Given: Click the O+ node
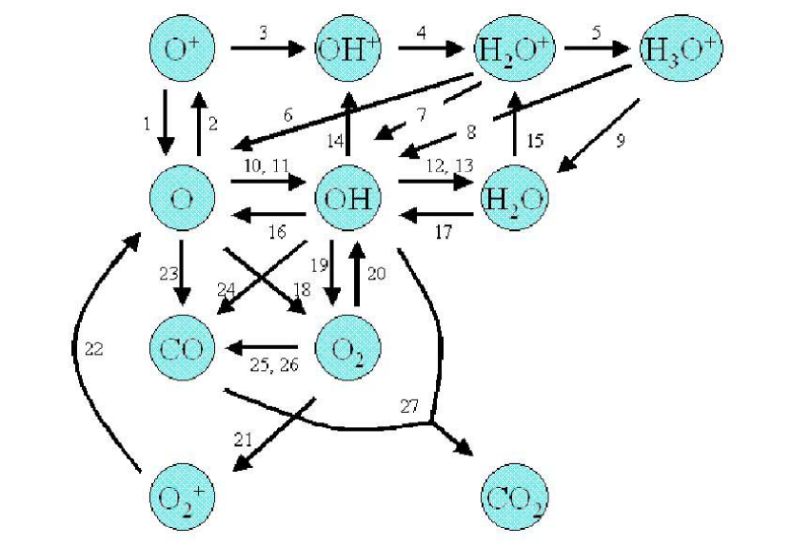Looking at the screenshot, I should point(182,48).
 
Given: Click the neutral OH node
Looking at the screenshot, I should point(347,198).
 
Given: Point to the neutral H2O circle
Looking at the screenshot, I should point(514,198).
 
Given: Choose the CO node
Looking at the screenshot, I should point(182,347).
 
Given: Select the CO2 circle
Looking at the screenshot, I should point(514,496).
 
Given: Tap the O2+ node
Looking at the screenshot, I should point(182,496).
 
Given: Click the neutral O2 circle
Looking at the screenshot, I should point(347,347).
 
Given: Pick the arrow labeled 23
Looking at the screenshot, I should point(182,273).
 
